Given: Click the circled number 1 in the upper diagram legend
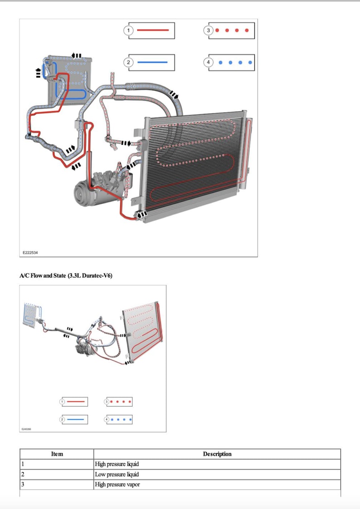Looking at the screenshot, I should [x=128, y=30].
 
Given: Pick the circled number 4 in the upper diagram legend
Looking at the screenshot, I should [x=209, y=62].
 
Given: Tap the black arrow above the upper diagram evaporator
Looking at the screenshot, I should [x=77, y=56].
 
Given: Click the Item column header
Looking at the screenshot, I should [x=57, y=454].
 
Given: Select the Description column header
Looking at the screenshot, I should [x=217, y=454].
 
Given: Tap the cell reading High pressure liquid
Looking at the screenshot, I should [x=117, y=464].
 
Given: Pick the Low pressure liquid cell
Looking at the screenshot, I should [x=117, y=475].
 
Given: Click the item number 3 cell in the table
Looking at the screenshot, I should [x=57, y=485].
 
